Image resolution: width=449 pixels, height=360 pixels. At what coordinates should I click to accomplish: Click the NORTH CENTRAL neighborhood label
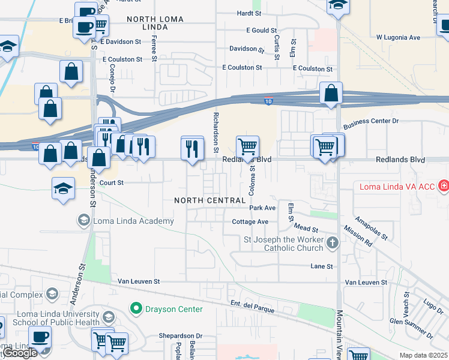[x=209, y=200]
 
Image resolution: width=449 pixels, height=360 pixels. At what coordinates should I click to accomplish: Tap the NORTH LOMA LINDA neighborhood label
[x=155, y=23]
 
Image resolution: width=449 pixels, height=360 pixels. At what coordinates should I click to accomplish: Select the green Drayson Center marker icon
[x=136, y=309]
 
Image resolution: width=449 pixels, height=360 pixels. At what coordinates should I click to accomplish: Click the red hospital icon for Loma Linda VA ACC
[x=443, y=187]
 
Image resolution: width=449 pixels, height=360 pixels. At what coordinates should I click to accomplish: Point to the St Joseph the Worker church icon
[x=333, y=244]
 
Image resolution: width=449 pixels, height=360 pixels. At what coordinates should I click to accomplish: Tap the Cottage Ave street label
[x=250, y=221]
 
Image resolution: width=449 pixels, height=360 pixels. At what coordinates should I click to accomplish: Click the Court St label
[x=111, y=182]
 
